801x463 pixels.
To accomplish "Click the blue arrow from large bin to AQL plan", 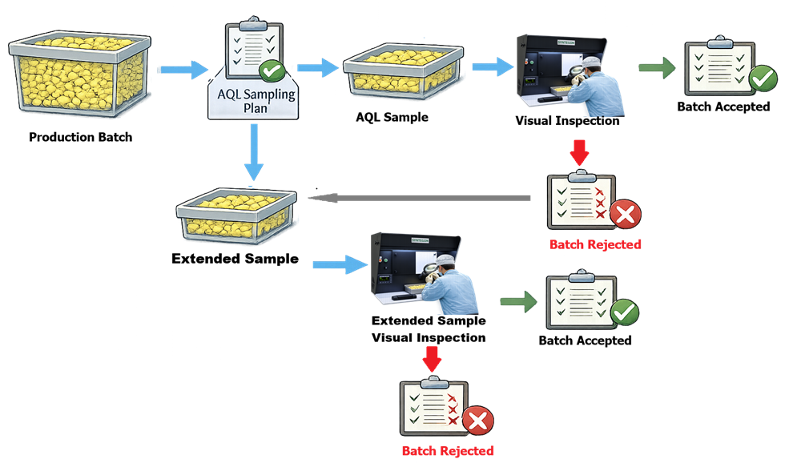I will tap(183, 70).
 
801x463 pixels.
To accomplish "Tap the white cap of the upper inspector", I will tap(591, 62).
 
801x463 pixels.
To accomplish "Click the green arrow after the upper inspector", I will tap(657, 68).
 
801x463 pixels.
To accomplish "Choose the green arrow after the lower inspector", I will tap(518, 301).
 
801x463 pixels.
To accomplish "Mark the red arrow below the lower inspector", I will tap(432, 357).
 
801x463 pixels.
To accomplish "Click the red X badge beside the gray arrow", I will tap(626, 215).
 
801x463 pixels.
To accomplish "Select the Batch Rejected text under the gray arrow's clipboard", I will tap(595, 244).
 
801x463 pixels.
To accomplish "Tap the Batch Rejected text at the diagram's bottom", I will tap(448, 451).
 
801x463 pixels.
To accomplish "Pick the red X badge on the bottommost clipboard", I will tap(478, 421).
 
